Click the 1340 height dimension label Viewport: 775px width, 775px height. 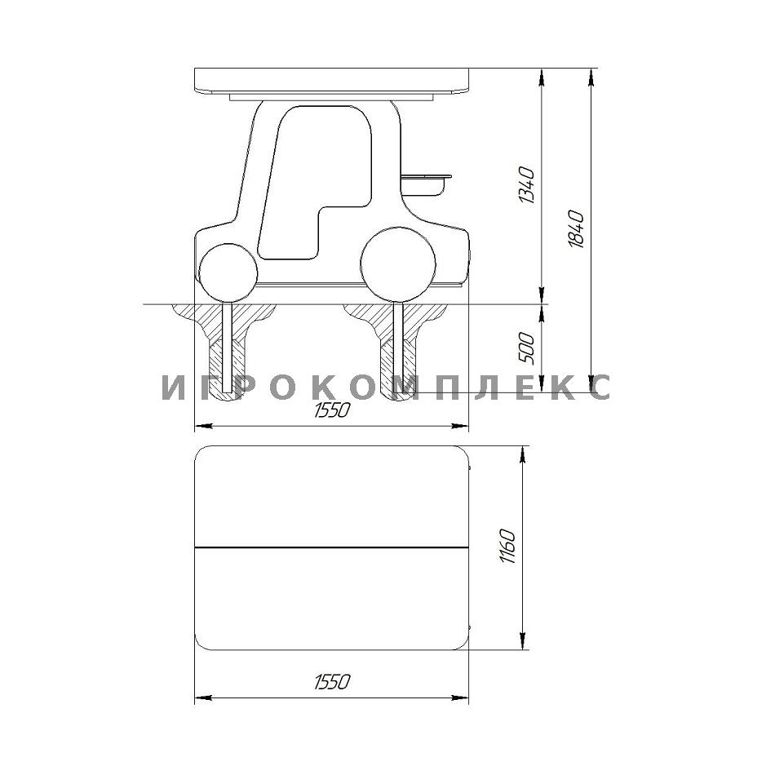pyautogui.click(x=527, y=185)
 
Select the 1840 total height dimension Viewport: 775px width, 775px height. pyautogui.click(x=576, y=229)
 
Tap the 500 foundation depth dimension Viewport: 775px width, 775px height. pyautogui.click(x=527, y=348)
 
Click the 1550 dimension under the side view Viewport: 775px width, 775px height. pyautogui.click(x=332, y=410)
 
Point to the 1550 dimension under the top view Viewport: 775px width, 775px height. pyautogui.click(x=332, y=681)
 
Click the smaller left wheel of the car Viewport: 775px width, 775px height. pyautogui.click(x=228, y=272)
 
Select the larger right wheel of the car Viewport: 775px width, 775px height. pyautogui.click(x=398, y=264)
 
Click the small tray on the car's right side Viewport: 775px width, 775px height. pyautogui.click(x=426, y=184)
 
